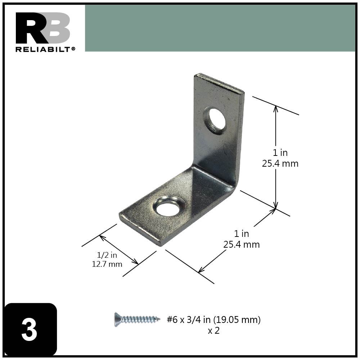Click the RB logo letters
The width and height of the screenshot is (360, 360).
[x=42, y=28]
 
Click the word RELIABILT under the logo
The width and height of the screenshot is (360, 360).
[x=43, y=49]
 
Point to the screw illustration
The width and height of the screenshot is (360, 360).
[x=137, y=319]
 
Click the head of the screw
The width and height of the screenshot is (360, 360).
[x=117, y=319]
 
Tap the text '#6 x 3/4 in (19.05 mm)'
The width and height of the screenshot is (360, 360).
[x=213, y=319]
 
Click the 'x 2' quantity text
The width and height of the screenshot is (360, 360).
[x=213, y=330]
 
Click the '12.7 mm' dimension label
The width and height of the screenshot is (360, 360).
[x=107, y=264]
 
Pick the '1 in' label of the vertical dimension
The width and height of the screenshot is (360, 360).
[x=280, y=153]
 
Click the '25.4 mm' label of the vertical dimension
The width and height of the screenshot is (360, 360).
[x=280, y=163]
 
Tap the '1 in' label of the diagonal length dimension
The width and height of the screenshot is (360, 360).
[x=241, y=234]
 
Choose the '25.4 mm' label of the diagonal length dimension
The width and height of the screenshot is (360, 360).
[x=241, y=244]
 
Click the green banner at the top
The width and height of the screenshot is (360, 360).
[x=220, y=28]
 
